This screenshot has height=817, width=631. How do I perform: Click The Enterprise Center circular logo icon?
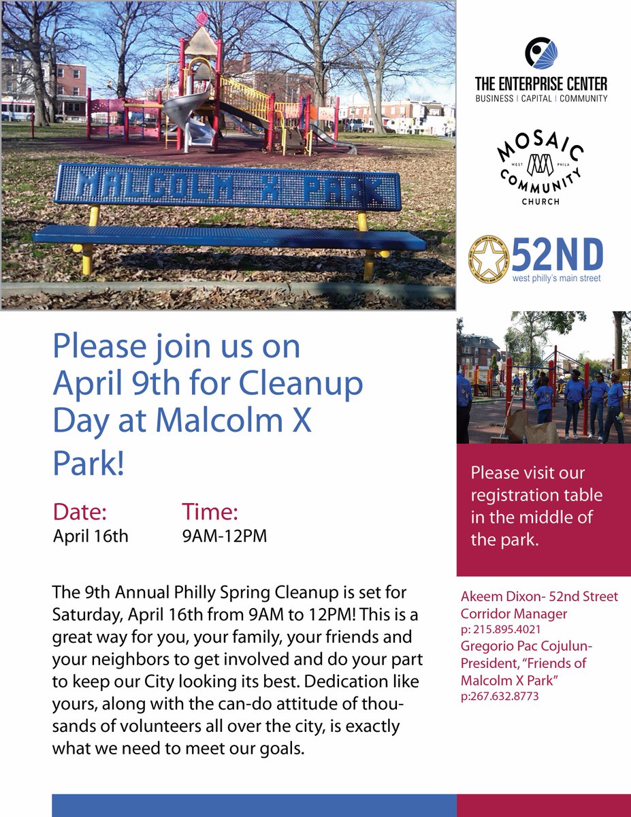[541, 54]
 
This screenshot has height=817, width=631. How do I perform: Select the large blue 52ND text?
[557, 254]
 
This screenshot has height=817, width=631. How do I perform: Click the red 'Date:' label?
[80, 512]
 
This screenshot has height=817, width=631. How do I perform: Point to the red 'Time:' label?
[210, 512]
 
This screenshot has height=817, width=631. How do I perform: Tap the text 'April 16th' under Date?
[91, 536]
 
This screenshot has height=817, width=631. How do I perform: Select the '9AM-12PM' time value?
[224, 536]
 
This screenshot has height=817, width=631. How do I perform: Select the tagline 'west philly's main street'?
[557, 279]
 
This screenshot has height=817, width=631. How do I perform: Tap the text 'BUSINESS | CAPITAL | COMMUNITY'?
[541, 99]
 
